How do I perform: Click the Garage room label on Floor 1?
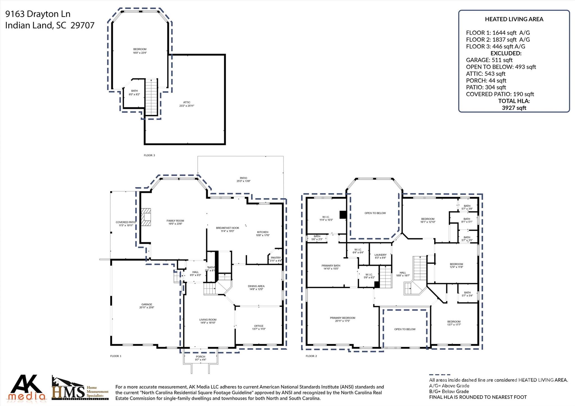pos(147,306)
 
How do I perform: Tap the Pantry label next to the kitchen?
pos(276,259)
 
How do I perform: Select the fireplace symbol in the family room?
pos(146,217)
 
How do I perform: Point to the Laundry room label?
pos(380,256)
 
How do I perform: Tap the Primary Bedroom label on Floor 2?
pos(343,319)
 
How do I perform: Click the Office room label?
pos(259,327)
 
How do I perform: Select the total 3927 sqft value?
pos(514,108)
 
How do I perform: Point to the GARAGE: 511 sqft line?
pos(489,60)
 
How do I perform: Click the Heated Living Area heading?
pos(514,19)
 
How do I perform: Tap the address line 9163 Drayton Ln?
pos(38,14)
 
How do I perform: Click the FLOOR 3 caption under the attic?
pos(149,155)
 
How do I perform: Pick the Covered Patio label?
pos(126,224)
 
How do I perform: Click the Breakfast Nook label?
pos(227,229)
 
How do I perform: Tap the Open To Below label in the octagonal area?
pos(375,213)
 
